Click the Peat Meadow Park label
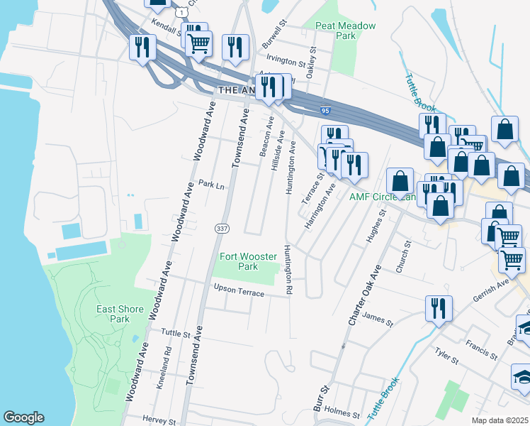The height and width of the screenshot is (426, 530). pyautogui.click(x=345, y=30)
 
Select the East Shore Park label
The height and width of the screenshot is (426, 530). pyautogui.click(x=120, y=314)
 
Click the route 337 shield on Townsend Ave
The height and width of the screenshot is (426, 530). pyautogui.click(x=222, y=227)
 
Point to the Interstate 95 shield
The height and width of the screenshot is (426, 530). pyautogui.click(x=325, y=111)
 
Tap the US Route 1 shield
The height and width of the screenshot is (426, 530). pyautogui.click(x=183, y=12)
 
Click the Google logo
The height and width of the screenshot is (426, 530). pyautogui.click(x=23, y=417)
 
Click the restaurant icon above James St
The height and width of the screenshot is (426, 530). pyautogui.click(x=438, y=308)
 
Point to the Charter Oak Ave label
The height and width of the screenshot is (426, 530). pyautogui.click(x=364, y=296)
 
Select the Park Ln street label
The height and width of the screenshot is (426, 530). pyautogui.click(x=210, y=185)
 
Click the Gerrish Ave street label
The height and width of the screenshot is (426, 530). pyautogui.click(x=493, y=283)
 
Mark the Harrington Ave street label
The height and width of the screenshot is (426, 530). pyautogui.click(x=320, y=207)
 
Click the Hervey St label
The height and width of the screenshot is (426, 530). pyautogui.click(x=158, y=420)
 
